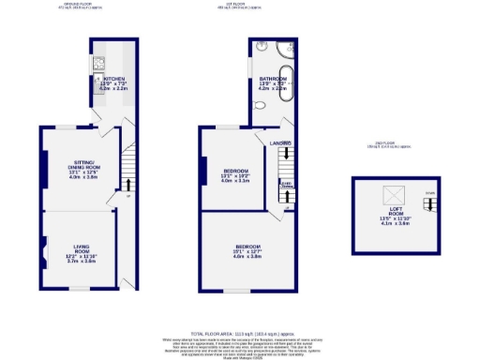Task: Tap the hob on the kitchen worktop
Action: pyautogui.click(x=98, y=66)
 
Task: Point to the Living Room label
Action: pyautogui.click(x=82, y=252)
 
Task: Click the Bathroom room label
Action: pyautogui.click(x=273, y=82)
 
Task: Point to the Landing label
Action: pyautogui.click(x=281, y=142)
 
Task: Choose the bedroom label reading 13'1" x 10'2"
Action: pyautogui.click(x=235, y=175)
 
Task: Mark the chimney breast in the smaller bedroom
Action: pyautogui.click(x=202, y=172)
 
